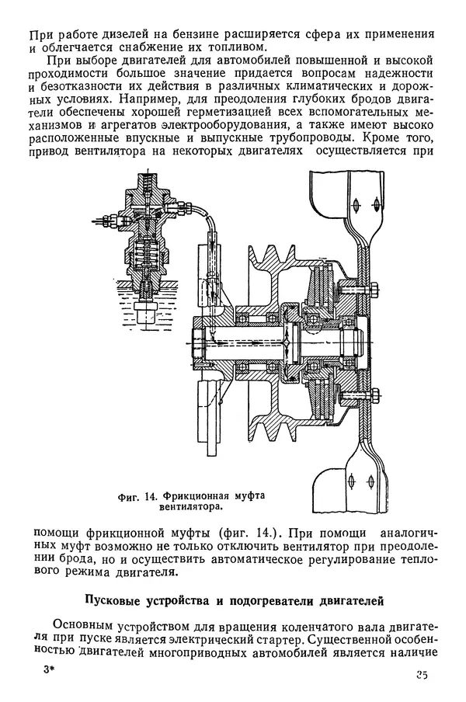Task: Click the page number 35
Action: [421, 675]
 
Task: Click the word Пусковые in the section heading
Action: [115, 600]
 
